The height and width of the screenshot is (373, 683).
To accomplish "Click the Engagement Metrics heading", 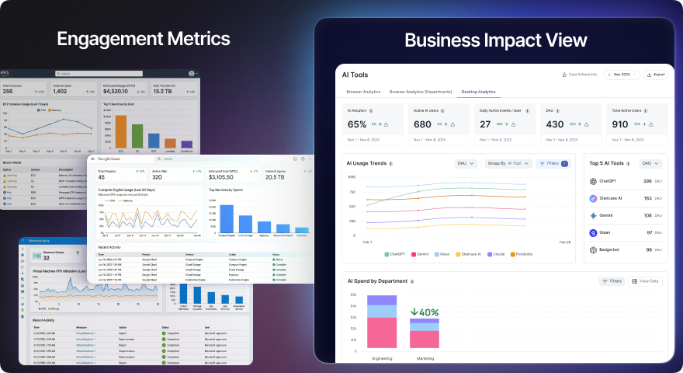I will [x=143, y=38].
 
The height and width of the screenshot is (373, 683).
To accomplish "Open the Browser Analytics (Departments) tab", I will [x=420, y=92].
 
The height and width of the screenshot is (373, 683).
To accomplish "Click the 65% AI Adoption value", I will [x=357, y=124].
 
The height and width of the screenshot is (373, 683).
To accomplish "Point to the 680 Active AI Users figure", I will [x=422, y=124].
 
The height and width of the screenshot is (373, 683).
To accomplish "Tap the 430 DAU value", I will [x=554, y=124].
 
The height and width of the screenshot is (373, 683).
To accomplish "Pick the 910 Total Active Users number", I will [x=619, y=124].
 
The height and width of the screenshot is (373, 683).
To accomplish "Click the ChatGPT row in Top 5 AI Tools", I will [x=622, y=181].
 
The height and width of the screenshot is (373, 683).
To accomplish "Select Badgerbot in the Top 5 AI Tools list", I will [x=622, y=249].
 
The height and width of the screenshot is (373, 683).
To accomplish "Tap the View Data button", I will [x=646, y=281].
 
